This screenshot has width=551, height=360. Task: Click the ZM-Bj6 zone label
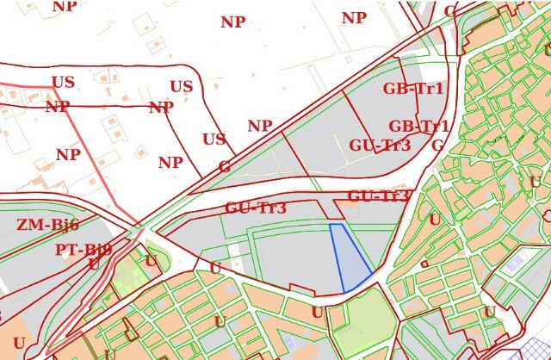point(47,226)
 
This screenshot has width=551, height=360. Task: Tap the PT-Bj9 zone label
point(84,250)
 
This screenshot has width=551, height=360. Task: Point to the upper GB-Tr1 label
point(413,89)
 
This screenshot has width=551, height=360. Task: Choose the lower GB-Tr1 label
point(419,127)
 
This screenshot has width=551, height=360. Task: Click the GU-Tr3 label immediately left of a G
point(380,146)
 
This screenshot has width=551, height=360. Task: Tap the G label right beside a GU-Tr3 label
point(437,145)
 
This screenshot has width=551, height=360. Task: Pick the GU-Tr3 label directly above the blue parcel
point(378,196)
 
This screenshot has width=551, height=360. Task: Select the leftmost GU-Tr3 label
point(256,208)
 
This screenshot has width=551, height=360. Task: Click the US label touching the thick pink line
point(63,83)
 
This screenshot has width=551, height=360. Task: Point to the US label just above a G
point(214,140)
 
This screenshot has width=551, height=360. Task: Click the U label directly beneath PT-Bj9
point(94,264)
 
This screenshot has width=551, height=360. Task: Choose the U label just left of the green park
point(317,313)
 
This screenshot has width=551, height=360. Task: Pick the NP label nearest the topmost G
point(354,18)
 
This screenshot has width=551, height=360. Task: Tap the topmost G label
point(450,11)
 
